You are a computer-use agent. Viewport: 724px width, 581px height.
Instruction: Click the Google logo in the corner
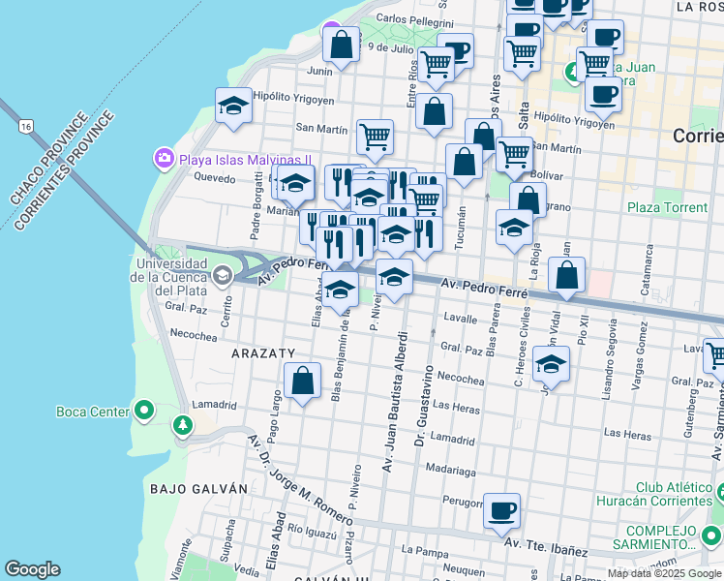pos(32,569)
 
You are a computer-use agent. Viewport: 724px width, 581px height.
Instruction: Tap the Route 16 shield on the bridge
pos(25,126)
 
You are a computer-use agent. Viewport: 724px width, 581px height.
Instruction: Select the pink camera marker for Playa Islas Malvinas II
pos(163,157)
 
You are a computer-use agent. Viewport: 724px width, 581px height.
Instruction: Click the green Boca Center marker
pos(144,412)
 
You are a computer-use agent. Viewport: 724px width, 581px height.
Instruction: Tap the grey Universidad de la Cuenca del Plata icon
pos(223,276)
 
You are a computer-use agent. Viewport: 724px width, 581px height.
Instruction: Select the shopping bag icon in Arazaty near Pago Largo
pos(302,380)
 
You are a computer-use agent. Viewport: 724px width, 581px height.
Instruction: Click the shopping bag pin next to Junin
pos(341,44)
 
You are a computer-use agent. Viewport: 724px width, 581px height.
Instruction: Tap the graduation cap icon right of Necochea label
pos(551,363)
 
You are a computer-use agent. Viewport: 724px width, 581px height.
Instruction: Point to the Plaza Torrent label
pos(667,207)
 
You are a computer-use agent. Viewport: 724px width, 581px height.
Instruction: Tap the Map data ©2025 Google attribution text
pos(664,573)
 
